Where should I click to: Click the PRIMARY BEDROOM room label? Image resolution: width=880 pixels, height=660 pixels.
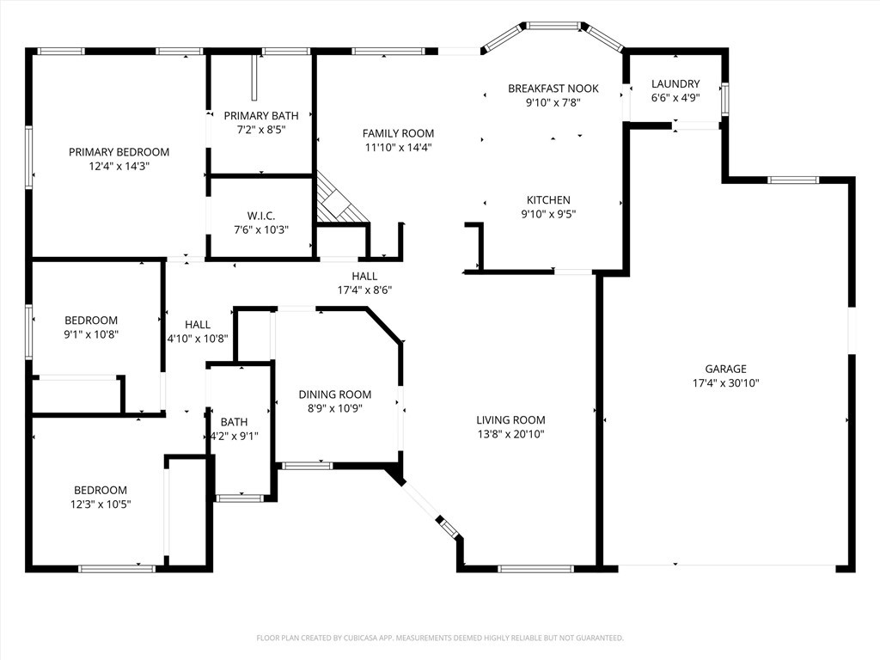click(x=119, y=152)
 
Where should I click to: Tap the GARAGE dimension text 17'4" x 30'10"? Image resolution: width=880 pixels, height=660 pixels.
click(x=726, y=383)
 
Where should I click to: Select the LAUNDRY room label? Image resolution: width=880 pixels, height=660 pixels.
click(x=675, y=83)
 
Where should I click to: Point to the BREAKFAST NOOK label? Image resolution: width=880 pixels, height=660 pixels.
click(x=553, y=89)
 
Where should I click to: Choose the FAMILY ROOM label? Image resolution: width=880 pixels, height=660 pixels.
click(x=398, y=133)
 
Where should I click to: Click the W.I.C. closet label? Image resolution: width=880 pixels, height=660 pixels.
click(x=260, y=216)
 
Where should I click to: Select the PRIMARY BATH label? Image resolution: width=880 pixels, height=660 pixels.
click(x=261, y=115)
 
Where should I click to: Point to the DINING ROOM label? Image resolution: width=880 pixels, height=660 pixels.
click(x=335, y=394)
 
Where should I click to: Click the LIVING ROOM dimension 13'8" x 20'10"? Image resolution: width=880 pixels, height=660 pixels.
click(x=510, y=434)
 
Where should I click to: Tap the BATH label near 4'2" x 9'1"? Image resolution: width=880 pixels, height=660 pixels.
click(x=234, y=422)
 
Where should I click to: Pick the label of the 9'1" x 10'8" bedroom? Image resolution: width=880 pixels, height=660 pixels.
click(x=90, y=321)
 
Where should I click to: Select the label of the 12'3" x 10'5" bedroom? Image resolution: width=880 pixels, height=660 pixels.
click(x=100, y=490)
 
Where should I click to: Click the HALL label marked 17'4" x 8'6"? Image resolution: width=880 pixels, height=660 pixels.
click(x=364, y=276)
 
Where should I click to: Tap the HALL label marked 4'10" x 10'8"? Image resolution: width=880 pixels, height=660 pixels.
click(x=198, y=324)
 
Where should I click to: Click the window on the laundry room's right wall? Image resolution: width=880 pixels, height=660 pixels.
click(x=724, y=98)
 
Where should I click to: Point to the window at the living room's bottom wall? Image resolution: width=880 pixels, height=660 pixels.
click(x=535, y=568)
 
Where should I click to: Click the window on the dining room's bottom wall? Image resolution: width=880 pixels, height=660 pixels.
click(x=307, y=466)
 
